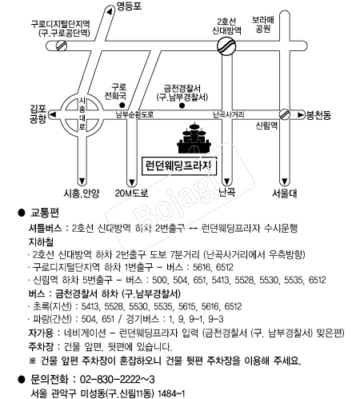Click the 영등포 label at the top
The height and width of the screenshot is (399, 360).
tap(129, 6)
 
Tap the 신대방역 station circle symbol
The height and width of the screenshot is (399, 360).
tap(226, 46)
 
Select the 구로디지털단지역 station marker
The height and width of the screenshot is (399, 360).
tap(62, 46)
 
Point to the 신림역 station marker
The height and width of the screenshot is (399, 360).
tap(285, 114)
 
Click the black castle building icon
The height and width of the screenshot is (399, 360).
tap(194, 138)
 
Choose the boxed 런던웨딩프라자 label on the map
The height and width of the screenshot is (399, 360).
tap(178, 166)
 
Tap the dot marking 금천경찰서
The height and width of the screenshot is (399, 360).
tap(182, 106)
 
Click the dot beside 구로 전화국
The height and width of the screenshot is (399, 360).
tap(122, 105)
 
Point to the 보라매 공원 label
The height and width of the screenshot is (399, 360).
tap(263, 24)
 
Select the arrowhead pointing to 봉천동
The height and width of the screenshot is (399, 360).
tap(301, 115)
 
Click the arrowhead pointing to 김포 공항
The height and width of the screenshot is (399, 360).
tap(54, 115)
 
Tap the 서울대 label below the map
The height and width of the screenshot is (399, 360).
tap(284, 194)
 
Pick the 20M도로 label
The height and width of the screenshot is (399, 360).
tap(131, 193)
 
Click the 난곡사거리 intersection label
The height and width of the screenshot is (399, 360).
tap(229, 114)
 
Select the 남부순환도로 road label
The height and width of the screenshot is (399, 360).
tap(134, 114)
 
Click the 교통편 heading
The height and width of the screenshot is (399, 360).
tap(45, 213)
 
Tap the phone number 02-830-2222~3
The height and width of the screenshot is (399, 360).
tap(118, 379)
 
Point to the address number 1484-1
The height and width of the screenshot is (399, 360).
tap(171, 393)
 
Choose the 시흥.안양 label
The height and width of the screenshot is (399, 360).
tap(82, 194)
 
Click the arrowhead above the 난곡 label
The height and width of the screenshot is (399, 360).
tap(226, 182)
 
